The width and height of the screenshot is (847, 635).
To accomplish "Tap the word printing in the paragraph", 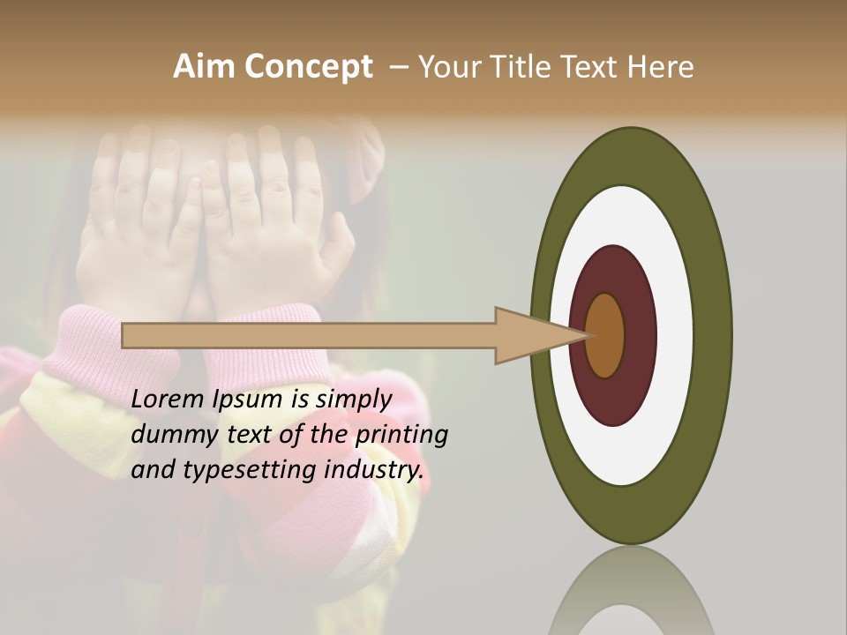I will [401, 435].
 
